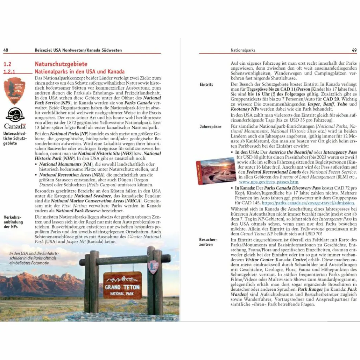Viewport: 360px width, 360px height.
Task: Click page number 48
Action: (x=6, y=50)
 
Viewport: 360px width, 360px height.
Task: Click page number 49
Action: (x=354, y=50)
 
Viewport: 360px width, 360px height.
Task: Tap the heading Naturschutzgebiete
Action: (x=61, y=64)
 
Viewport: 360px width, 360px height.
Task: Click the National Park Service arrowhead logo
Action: (x=15, y=91)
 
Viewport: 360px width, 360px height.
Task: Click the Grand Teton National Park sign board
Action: (x=122, y=285)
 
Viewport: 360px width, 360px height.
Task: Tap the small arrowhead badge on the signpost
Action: (x=153, y=267)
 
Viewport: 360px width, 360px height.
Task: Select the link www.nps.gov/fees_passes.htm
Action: (x=269, y=182)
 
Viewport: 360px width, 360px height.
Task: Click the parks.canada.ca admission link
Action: (x=308, y=203)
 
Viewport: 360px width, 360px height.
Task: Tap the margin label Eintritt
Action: (x=206, y=85)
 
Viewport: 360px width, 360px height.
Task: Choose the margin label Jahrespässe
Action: (x=209, y=126)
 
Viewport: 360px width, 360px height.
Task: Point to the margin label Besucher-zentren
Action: (x=208, y=242)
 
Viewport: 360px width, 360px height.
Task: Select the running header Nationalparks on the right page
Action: (x=243, y=50)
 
